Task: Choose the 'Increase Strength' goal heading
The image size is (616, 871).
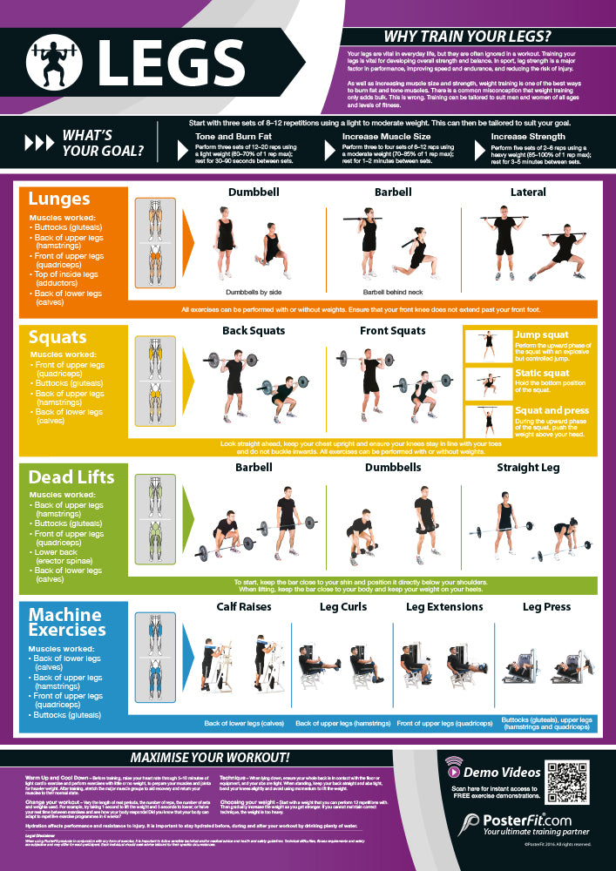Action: point(529,137)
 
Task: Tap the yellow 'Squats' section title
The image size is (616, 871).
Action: point(58,337)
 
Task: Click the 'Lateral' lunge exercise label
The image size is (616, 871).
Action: point(528,192)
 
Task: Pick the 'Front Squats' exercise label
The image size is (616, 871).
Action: point(392,331)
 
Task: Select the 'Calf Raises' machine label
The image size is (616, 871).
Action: point(243,606)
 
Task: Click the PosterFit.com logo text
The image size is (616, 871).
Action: point(527,821)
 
